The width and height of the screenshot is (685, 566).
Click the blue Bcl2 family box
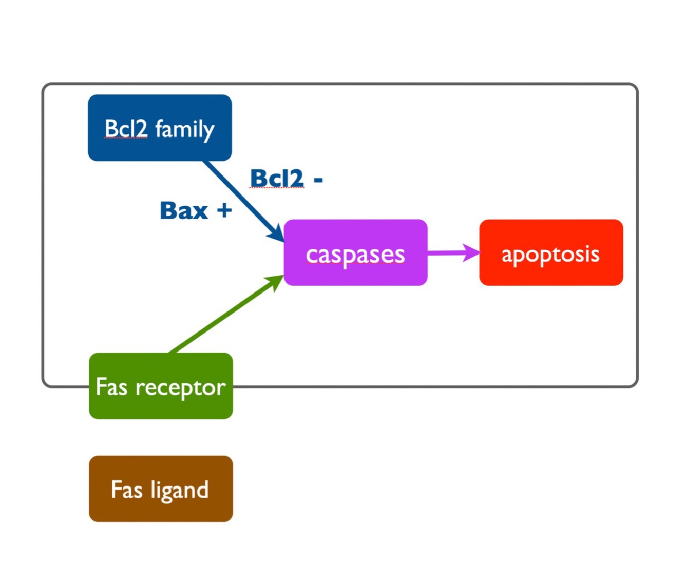tap(160, 128)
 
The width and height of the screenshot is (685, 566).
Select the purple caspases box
tap(356, 252)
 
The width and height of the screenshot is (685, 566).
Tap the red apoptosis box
tap(551, 252)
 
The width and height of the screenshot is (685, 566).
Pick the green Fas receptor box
tap(161, 386)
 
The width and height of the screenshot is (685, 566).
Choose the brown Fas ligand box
tap(161, 489)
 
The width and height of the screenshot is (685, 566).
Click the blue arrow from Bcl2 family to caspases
tap(244, 202)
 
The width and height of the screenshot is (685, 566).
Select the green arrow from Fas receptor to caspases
tap(226, 314)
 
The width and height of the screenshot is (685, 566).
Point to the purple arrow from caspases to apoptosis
tap(454, 253)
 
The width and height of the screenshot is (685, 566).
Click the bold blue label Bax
tap(184, 210)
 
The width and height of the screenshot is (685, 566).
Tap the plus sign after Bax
tap(224, 210)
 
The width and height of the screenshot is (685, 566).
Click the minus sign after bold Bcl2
tap(318, 180)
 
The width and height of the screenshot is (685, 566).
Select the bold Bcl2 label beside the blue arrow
tap(277, 179)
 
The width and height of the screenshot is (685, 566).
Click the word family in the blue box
tap(185, 129)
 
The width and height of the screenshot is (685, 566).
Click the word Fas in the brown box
tap(127, 489)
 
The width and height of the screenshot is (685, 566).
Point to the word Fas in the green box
tap(111, 386)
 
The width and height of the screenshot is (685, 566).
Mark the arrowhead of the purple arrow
tap(471, 253)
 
